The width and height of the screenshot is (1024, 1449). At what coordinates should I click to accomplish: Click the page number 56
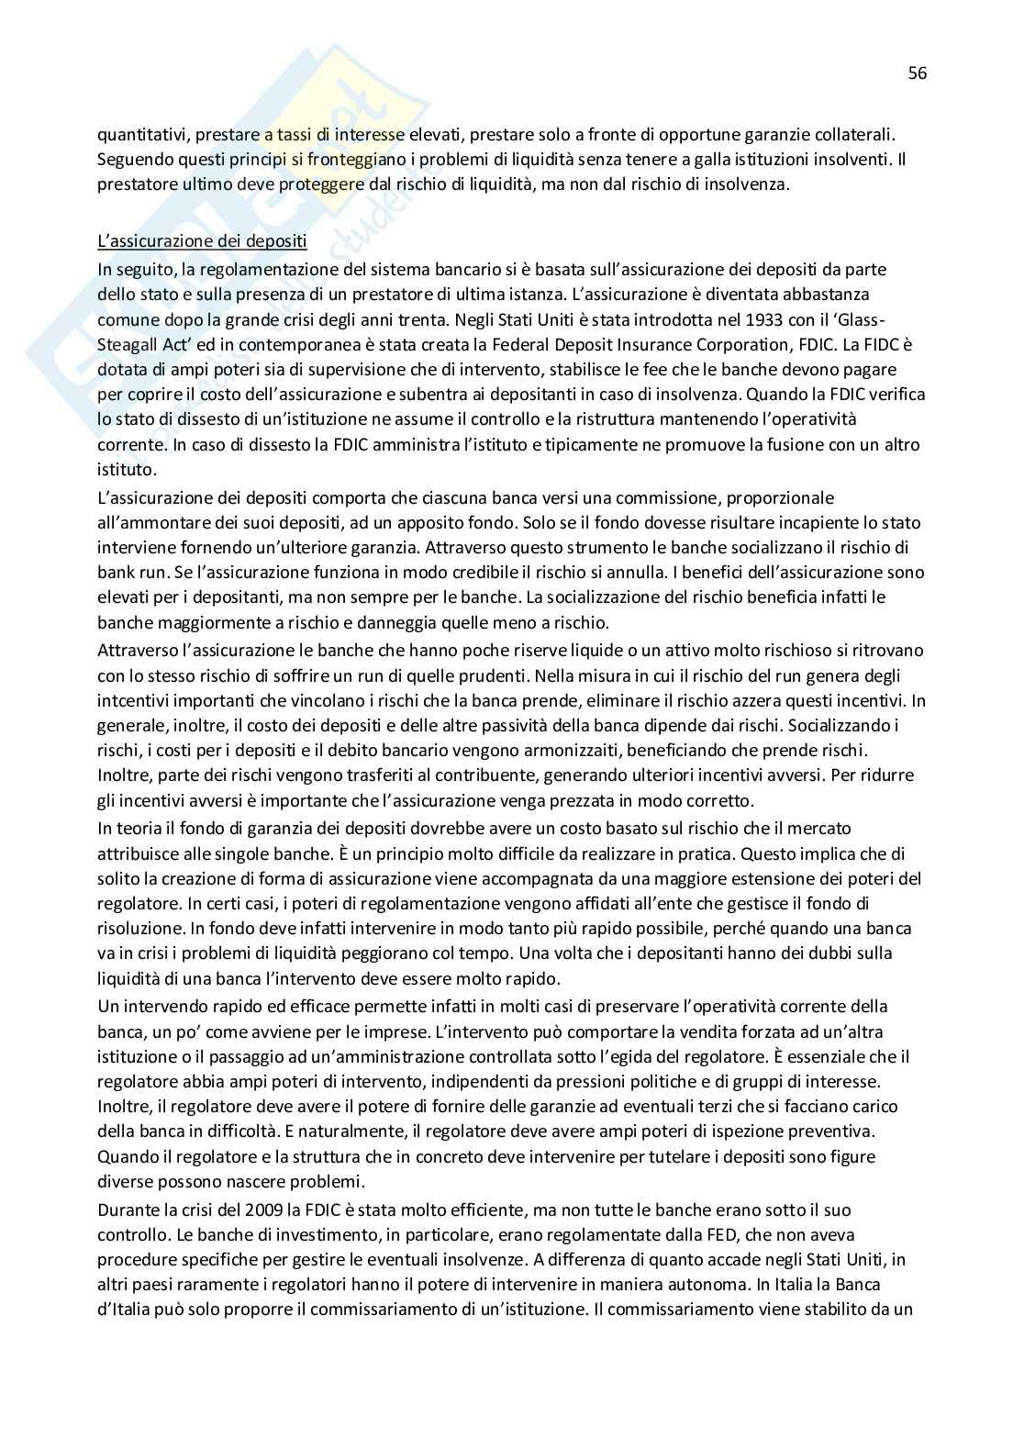(917, 73)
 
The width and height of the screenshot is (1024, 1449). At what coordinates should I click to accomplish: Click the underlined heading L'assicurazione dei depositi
(202, 243)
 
